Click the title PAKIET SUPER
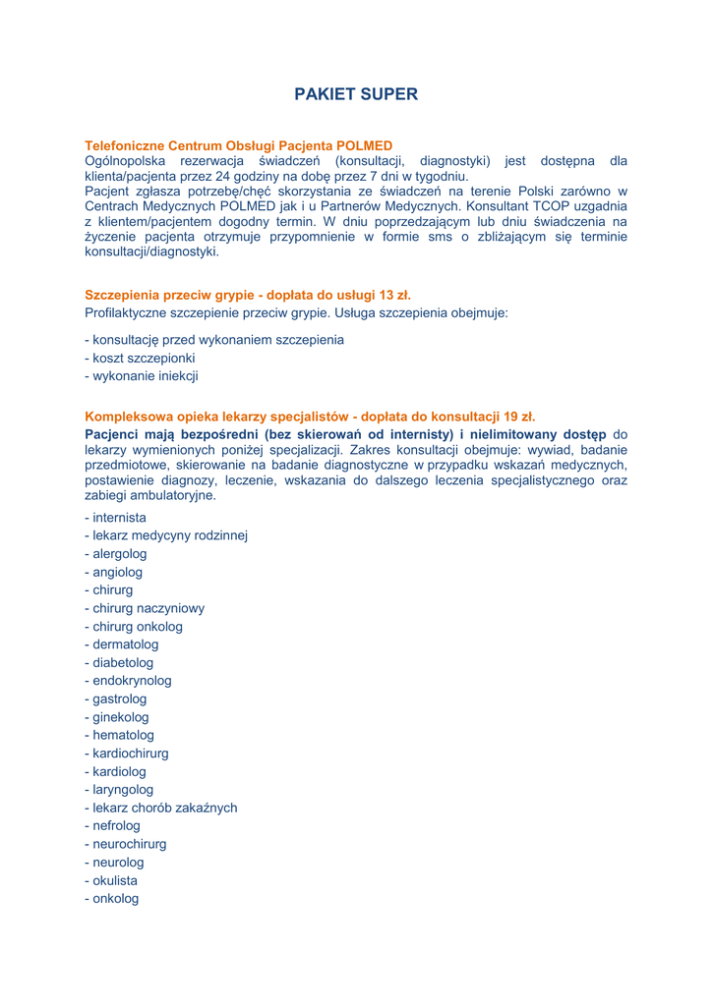pyautogui.click(x=356, y=94)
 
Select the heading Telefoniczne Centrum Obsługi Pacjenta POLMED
pyautogui.click(x=238, y=145)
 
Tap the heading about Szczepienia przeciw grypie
pyautogui.click(x=248, y=295)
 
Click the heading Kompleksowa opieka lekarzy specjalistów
pyautogui.click(x=310, y=417)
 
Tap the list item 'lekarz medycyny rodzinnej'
pyautogui.click(x=166, y=535)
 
